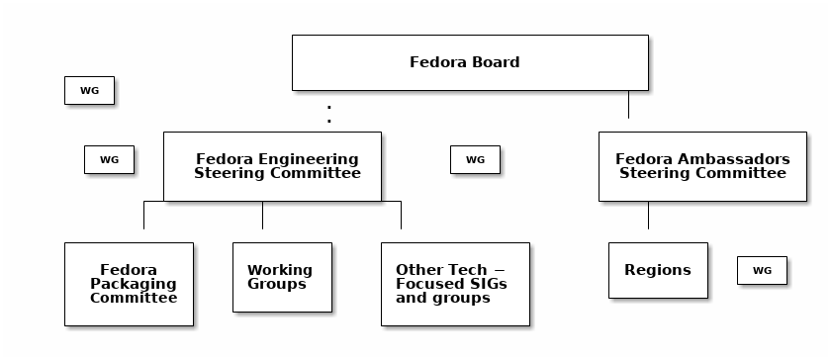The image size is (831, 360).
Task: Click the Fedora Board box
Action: coord(470,62)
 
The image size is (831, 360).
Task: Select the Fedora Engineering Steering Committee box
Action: coord(272,166)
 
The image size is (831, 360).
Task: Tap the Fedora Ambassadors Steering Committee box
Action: coord(702,166)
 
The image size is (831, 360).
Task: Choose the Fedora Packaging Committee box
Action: coord(129,284)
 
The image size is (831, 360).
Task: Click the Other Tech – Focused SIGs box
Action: coord(455,284)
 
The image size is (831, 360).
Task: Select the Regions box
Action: coord(658,270)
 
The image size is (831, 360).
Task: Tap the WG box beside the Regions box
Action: coord(762,270)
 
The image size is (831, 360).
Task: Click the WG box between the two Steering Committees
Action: coord(475,159)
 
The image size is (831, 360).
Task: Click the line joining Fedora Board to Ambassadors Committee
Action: coord(628,105)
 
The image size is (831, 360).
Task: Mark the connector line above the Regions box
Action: coord(648,216)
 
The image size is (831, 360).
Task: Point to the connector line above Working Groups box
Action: coord(262,216)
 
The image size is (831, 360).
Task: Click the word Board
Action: coord(496,62)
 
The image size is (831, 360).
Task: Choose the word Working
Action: coord(280,270)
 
